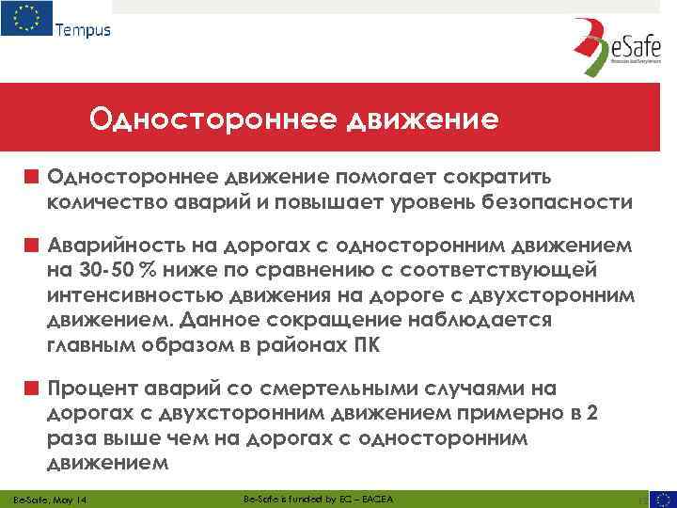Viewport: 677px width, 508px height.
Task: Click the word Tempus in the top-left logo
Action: click(x=83, y=29)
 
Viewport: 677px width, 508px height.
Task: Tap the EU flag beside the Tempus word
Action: click(x=27, y=20)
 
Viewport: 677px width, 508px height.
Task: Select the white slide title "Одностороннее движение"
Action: click(x=292, y=120)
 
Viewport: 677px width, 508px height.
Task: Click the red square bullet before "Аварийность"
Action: click(x=32, y=246)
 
